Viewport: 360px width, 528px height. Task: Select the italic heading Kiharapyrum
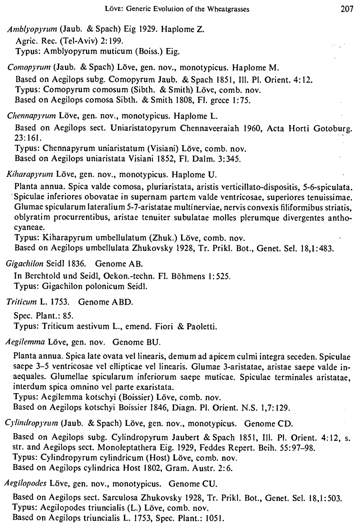(x=30, y=175)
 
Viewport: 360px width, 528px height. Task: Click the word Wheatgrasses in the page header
(x=226, y=10)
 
